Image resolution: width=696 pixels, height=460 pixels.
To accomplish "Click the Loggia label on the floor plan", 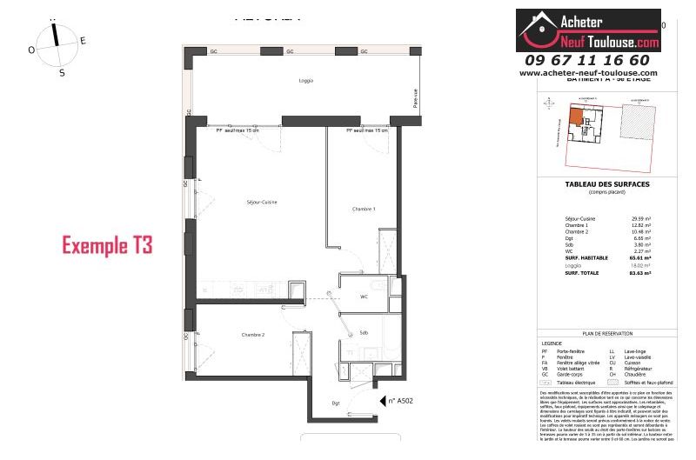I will pyautogui.click(x=304, y=81).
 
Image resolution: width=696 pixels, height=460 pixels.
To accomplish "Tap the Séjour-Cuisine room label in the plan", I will pyautogui.click(x=260, y=203).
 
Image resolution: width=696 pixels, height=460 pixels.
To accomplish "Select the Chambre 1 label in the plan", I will pyautogui.click(x=364, y=209).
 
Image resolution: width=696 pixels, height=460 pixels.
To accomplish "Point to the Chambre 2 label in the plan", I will pyautogui.click(x=252, y=335).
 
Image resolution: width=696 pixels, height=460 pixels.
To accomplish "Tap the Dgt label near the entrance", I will pyautogui.click(x=335, y=403).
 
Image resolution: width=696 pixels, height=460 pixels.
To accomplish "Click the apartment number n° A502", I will pyautogui.click(x=398, y=401).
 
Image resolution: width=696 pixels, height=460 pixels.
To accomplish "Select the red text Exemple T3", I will pyautogui.click(x=107, y=245).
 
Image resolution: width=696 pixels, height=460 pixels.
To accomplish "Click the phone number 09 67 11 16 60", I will pyautogui.click(x=587, y=60).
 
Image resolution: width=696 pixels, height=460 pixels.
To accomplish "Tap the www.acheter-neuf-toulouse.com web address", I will pyautogui.click(x=588, y=74).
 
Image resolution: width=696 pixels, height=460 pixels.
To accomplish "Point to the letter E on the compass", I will pyautogui.click(x=83, y=41).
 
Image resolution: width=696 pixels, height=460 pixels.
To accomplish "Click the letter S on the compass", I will pyautogui.click(x=62, y=73).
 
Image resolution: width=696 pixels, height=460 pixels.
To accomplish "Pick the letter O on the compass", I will pyautogui.click(x=31, y=50).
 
